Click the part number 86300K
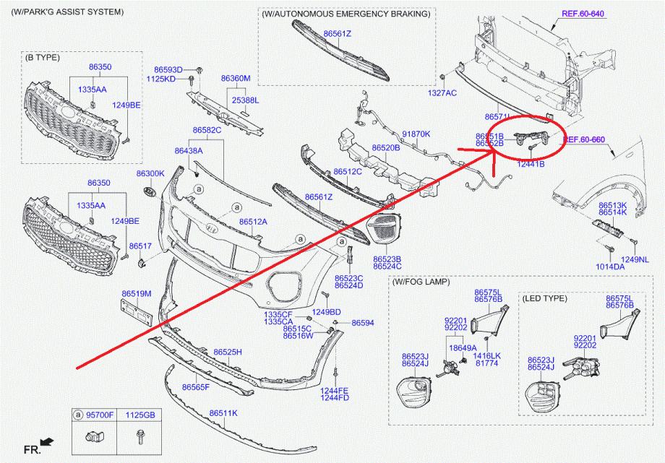click(150, 173)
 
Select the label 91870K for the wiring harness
click(416, 134)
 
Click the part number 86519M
click(136, 293)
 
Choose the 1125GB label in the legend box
click(140, 415)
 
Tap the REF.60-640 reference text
click(582, 13)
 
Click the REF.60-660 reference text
click(584, 139)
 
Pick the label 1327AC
click(442, 92)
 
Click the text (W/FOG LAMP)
click(421, 282)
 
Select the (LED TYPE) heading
click(544, 298)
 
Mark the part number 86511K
click(223, 413)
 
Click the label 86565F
click(195, 387)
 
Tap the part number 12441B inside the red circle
click(531, 164)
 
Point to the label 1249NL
click(634, 259)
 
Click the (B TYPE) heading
click(42, 56)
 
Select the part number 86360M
click(236, 78)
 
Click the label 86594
click(363, 323)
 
